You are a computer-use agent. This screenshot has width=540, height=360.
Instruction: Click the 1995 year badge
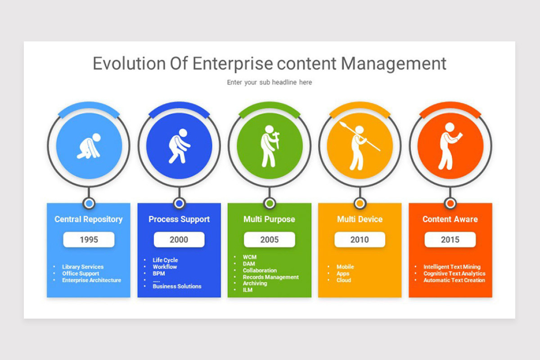coord(89,240)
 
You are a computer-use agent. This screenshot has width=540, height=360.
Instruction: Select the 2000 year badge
coord(179,240)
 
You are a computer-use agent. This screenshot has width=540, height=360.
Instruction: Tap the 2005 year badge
coord(270,240)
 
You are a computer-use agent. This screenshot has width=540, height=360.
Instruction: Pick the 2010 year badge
coord(360,240)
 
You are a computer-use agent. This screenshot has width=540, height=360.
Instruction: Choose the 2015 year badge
coord(450,240)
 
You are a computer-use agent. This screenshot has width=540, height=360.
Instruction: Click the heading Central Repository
coord(89,220)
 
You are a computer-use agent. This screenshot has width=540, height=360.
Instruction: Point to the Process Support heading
coord(179,220)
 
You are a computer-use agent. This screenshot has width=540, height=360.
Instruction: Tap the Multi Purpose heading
coord(270,220)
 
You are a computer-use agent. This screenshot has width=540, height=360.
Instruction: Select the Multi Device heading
coord(360,220)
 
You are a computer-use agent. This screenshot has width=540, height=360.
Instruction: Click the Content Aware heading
coord(450,220)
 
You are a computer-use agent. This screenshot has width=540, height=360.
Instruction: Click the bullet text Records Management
coord(270,277)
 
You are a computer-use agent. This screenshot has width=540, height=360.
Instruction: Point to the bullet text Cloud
coord(344,280)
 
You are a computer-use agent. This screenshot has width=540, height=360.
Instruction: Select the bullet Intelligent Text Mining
coord(452,267)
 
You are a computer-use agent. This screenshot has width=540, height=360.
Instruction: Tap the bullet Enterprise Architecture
coord(91,280)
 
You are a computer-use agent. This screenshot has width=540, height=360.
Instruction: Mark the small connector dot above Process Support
coord(179,203)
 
